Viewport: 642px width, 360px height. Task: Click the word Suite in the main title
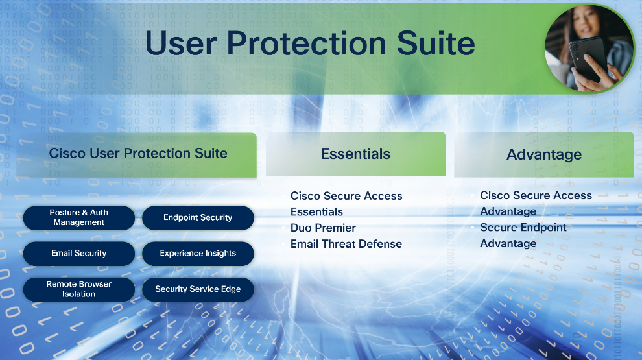coord(436,43)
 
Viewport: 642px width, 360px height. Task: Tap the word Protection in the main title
coord(306,43)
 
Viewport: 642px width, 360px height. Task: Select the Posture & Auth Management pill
coord(79,217)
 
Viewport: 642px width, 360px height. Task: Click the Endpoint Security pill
coord(198,217)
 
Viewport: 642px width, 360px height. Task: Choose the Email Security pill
coord(79,253)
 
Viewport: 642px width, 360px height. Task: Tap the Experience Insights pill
coord(198,253)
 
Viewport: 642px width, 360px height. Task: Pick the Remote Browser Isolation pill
coord(79,289)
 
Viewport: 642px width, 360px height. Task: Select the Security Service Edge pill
coord(198,289)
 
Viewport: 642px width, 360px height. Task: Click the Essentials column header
coord(356,154)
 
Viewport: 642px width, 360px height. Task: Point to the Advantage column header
coord(544,154)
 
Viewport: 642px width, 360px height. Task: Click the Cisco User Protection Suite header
coord(136,155)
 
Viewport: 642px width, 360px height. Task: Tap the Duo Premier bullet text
coord(323,228)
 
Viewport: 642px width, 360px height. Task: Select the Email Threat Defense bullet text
coord(346,244)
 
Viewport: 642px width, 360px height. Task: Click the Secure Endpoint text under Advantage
coord(523,227)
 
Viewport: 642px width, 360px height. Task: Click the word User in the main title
coord(180,43)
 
